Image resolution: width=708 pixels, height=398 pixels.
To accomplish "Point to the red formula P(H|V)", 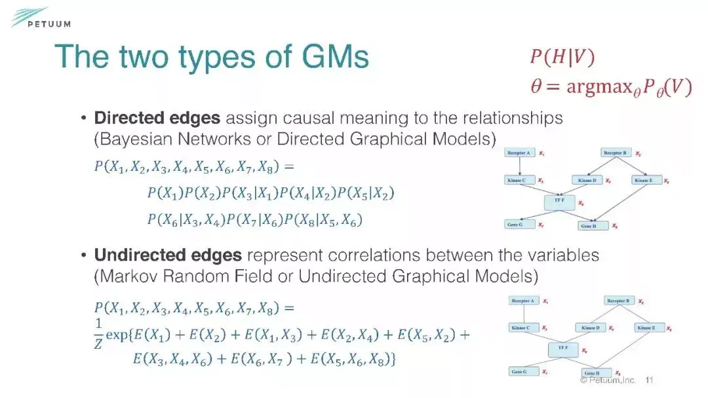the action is click(562, 58).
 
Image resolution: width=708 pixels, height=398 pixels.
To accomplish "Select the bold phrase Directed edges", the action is click(157, 118).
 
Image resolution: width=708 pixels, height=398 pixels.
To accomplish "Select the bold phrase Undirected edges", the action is click(168, 255).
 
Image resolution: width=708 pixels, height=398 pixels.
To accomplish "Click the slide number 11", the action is click(650, 380).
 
